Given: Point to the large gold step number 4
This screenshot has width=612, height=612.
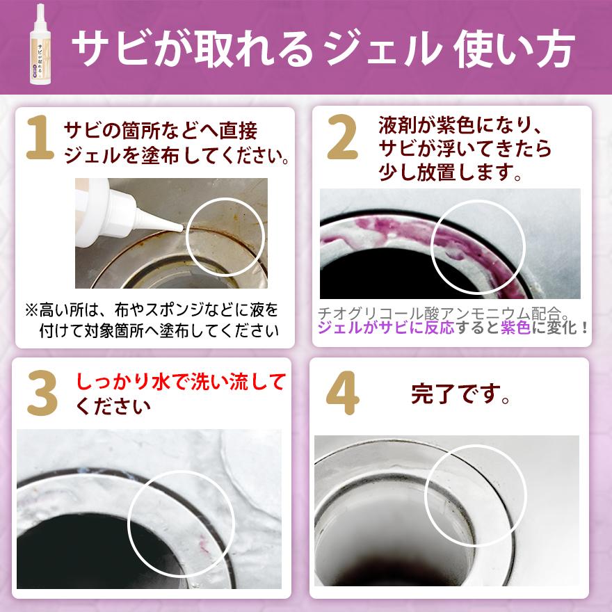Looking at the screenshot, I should tap(342, 394).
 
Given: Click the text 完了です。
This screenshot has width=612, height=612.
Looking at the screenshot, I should tap(461, 394).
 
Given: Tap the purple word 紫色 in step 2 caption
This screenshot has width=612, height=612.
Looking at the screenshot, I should tap(515, 328).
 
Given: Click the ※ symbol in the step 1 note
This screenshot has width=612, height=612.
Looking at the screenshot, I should tap(31, 308).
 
